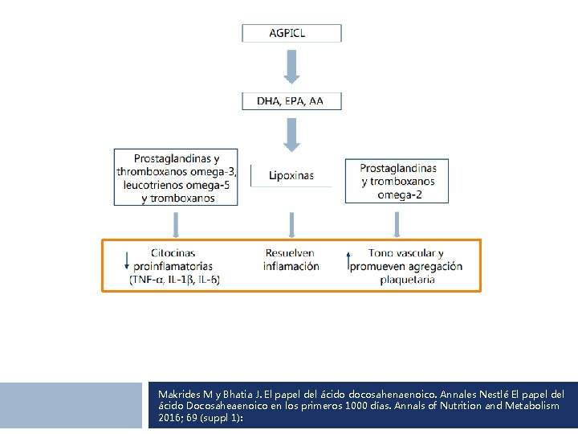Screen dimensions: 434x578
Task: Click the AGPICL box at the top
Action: [x=292, y=33]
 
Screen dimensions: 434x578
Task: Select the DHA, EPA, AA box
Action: [x=292, y=101]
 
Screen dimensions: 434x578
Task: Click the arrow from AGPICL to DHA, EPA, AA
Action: [x=292, y=67]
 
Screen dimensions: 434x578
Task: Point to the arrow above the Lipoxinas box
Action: [x=292, y=135]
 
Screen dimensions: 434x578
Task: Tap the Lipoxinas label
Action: [x=291, y=175]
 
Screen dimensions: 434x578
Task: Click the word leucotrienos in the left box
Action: [x=152, y=185]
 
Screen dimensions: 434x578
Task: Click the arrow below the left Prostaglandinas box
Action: [x=177, y=222]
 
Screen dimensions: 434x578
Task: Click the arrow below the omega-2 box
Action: [x=397, y=222]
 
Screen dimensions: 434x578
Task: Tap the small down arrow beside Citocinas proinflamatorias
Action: [x=127, y=261]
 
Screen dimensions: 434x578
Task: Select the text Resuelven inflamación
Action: [x=291, y=260]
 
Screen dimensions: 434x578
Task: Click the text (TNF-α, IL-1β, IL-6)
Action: [x=174, y=280]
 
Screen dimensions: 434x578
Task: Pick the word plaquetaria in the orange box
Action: [x=408, y=280]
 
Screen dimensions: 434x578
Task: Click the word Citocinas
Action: [x=173, y=253]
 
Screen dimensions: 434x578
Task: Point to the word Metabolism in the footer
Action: [x=527, y=407]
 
